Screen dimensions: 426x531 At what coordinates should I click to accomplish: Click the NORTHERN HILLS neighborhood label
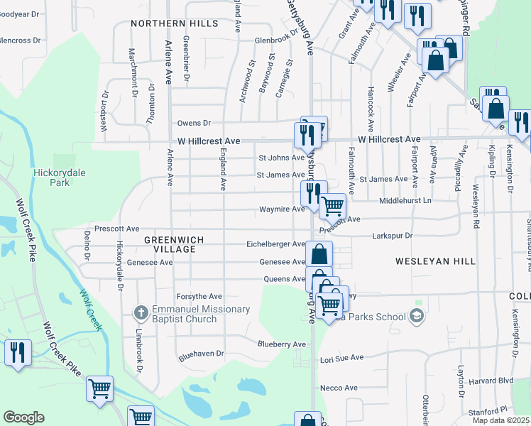coord(175,23)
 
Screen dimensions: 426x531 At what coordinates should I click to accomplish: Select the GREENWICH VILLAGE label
coord(170,244)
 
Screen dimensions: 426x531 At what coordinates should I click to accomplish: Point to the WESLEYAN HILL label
coord(435,261)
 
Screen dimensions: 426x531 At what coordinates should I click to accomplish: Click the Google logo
coord(23,417)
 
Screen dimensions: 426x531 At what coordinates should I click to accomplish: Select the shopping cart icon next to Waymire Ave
coord(332,207)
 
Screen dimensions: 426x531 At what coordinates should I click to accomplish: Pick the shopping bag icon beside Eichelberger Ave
coord(319,253)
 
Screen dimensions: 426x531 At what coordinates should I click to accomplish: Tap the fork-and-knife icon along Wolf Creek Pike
coord(18,352)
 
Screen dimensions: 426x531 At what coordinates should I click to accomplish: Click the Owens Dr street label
coord(195,123)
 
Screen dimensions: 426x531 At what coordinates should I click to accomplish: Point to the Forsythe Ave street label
coord(199,296)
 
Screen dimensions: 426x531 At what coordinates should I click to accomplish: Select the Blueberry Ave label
coord(281,344)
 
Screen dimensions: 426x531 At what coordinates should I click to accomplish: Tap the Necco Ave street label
coord(339,388)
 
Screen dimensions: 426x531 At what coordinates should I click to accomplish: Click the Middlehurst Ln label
coord(405,202)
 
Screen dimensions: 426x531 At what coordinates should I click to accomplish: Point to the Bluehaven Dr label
coord(201,352)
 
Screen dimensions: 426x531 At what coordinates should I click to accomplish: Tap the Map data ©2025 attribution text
coord(500,420)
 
